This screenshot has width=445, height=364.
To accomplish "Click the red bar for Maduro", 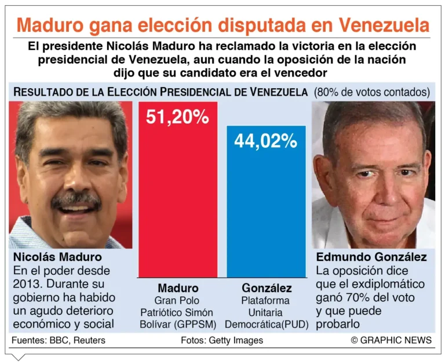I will click(177, 197).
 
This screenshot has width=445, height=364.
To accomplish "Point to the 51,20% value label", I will click(177, 117).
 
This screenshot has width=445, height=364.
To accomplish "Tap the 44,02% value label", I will click(266, 141).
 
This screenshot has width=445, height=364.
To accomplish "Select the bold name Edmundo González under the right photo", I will click(371, 257).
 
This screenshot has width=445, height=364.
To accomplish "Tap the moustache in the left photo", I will click(76, 200).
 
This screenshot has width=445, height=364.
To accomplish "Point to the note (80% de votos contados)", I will click(372, 92).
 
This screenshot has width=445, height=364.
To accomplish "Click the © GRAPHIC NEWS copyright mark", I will click(391, 340).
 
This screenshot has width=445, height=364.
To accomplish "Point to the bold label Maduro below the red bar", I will click(178, 288).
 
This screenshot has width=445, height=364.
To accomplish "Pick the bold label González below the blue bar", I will click(267, 288).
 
